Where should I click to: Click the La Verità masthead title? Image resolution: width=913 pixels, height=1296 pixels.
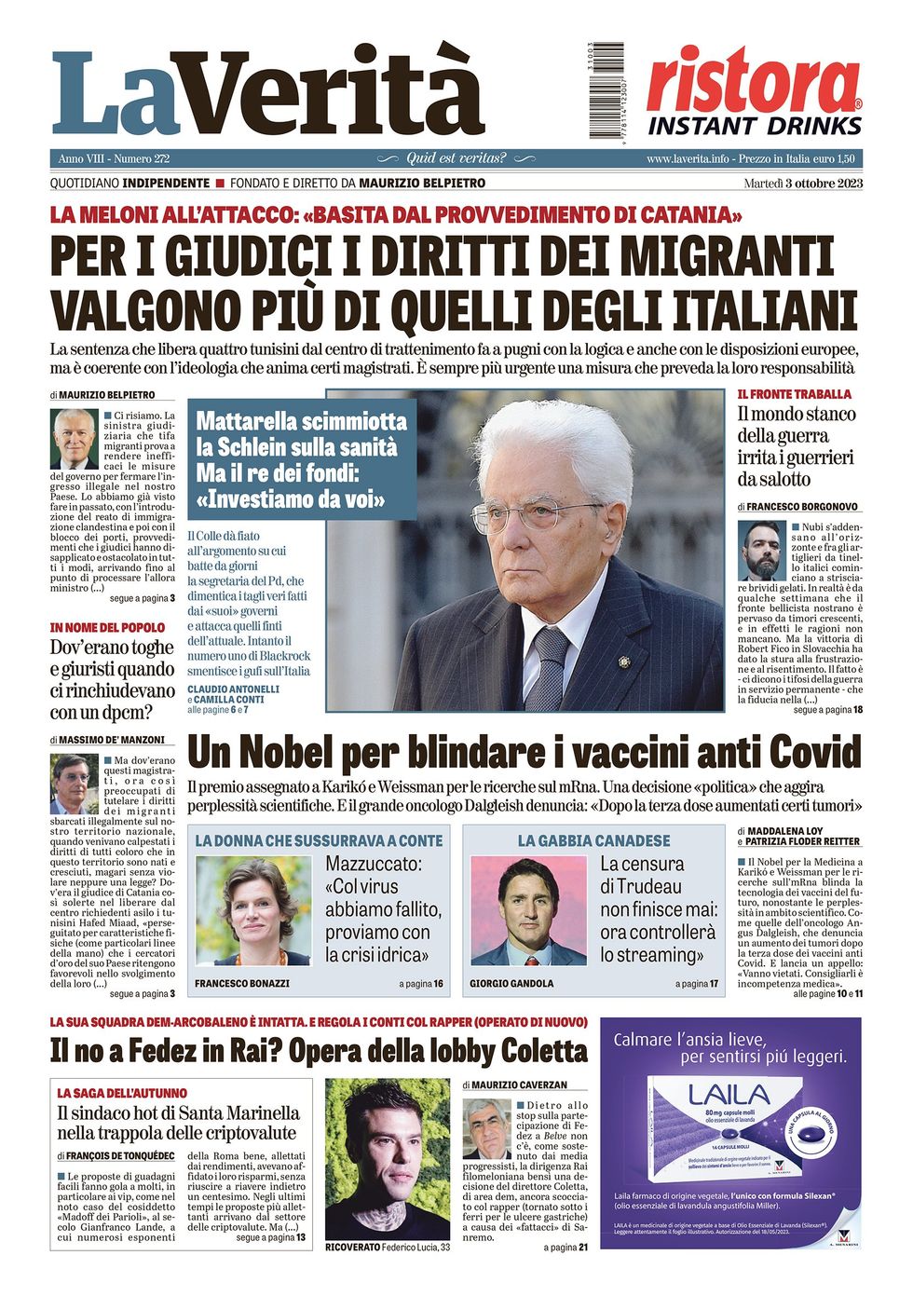coord(268,93)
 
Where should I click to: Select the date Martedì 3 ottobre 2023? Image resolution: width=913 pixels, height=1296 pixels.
coord(803,183)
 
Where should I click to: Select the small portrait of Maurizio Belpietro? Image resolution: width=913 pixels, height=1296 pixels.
coord(75,439)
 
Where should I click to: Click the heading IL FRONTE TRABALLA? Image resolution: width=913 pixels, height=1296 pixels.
coord(794,394)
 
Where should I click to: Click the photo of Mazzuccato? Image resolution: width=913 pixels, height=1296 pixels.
coord(253,910)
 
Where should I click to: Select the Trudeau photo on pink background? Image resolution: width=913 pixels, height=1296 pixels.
coord(528,910)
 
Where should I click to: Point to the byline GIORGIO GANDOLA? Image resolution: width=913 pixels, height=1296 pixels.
coord(511,983)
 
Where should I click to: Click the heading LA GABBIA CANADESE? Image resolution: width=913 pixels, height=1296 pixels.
coord(593,840)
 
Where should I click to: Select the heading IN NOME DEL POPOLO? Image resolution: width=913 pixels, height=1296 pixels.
coord(107,628)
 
